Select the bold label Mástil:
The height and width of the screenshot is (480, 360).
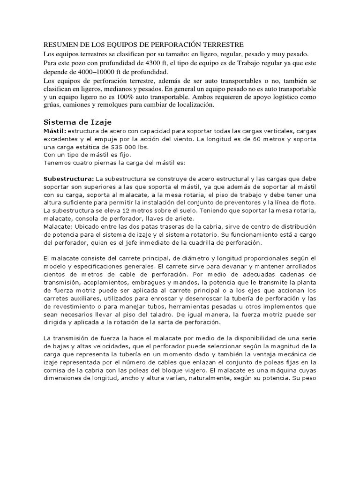pyautogui.click(x=55, y=130)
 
